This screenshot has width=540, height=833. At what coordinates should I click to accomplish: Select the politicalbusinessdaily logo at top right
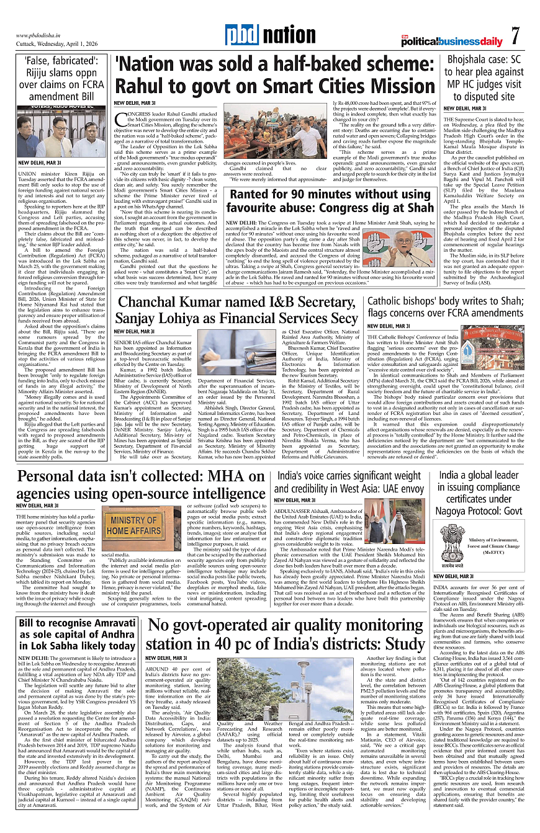[452, 41]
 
